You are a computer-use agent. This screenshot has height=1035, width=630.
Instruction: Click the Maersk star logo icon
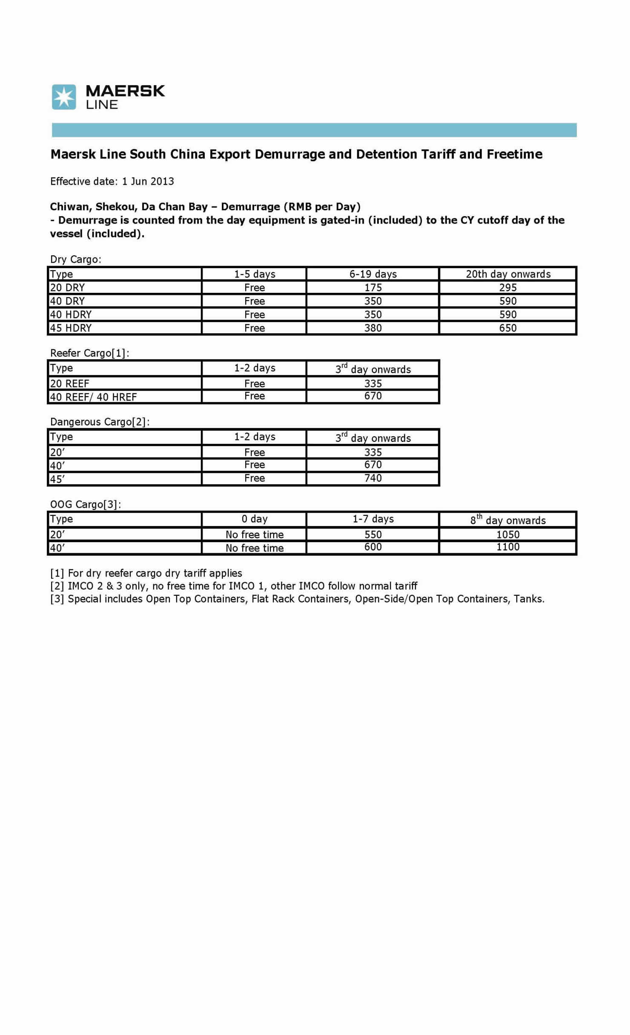pos(64,97)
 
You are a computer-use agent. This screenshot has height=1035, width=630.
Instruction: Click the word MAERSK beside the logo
pos(125,91)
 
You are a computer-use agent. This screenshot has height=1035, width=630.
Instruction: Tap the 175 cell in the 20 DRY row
pos(373,288)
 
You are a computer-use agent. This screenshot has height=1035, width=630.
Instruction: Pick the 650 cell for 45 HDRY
pos(508,328)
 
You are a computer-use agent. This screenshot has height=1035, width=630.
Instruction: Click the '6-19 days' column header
pos(373,274)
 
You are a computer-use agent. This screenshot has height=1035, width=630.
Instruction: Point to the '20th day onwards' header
pos(508,274)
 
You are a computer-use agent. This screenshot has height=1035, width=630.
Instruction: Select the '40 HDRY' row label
pos(71,315)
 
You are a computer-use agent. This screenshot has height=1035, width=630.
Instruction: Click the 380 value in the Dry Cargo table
pos(373,328)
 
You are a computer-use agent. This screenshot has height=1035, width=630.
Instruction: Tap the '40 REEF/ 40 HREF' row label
pos(93,397)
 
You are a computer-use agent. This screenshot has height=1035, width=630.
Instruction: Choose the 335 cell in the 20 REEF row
pos(373,383)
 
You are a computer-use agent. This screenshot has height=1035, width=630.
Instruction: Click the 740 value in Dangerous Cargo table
pos(373,478)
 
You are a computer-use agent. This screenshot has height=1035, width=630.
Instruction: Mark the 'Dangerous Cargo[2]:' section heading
pos(100,422)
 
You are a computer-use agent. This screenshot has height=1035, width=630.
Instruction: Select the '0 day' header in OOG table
pos(255,519)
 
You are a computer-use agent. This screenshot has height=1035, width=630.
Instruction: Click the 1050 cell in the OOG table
pos(508,535)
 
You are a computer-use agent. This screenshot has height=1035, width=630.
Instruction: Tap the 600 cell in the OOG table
pos(373,547)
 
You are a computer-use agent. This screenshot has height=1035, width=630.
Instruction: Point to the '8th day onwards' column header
pos(508,520)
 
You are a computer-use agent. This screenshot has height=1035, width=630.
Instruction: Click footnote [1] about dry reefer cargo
pos(146,573)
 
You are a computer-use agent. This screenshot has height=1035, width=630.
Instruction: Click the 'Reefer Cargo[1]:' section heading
pos(89,353)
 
